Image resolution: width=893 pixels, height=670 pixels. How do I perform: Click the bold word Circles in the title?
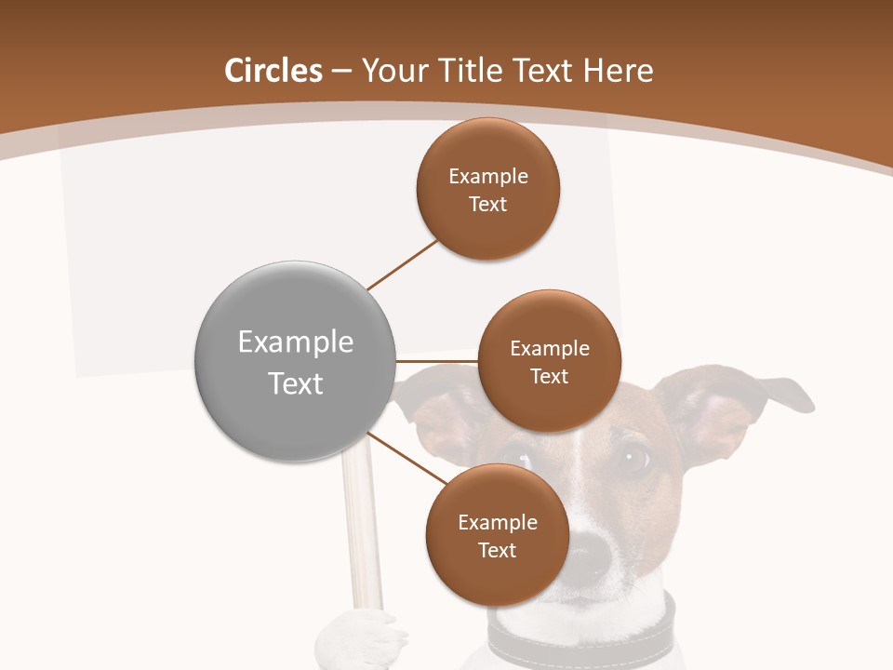pos(273,71)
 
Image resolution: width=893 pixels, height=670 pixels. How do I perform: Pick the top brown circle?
pos(487,189)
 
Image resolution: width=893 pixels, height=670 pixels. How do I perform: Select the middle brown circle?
pos(549,361)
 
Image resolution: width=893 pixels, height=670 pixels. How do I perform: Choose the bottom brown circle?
pos(497,535)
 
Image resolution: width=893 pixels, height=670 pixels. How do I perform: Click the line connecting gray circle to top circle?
pos(402,264)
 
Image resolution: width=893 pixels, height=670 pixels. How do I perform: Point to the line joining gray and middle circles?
pos(437,361)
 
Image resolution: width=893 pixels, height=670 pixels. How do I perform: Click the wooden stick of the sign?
pos(360,530)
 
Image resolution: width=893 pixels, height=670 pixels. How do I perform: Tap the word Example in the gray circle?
pos(296,342)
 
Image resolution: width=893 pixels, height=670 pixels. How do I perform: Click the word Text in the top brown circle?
pos(487,204)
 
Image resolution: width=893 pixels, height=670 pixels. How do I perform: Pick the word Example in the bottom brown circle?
pos(497,522)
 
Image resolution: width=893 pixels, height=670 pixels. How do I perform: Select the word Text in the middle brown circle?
pos(549,376)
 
